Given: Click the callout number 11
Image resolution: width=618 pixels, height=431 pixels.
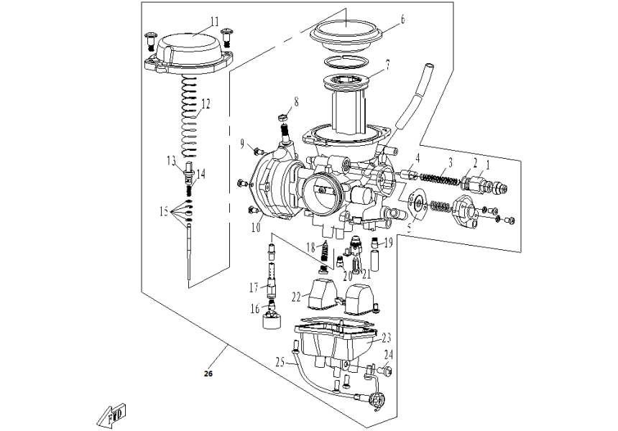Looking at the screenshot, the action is coord(214,21).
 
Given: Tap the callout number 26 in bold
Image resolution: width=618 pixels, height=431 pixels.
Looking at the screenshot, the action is coord(208,374).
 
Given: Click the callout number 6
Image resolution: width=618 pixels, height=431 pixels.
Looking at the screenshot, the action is coord(402,19).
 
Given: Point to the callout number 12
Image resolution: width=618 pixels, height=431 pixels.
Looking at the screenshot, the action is coord(206,104).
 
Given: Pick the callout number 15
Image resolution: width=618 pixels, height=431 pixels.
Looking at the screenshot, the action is coord(164,212).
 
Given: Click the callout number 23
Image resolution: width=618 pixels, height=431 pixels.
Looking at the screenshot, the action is coord(387,338).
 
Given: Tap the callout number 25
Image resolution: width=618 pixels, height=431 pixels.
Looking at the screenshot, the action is coord(280,363).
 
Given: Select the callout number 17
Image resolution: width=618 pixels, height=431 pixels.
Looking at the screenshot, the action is coord(254,288).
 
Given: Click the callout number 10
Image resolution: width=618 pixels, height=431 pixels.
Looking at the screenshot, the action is coord(257,227).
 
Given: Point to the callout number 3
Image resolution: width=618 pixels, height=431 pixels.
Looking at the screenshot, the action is coord(450,162).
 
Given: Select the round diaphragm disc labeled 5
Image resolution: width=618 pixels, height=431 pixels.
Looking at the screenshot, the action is coord(417,204).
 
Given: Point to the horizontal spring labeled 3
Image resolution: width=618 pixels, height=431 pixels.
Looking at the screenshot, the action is coord(440,178).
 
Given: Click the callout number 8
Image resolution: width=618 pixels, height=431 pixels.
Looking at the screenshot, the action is coord(296,102).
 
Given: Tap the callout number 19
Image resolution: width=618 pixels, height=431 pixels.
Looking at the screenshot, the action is coord(388,242).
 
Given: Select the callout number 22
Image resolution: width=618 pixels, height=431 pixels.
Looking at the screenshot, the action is coord(296,296).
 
